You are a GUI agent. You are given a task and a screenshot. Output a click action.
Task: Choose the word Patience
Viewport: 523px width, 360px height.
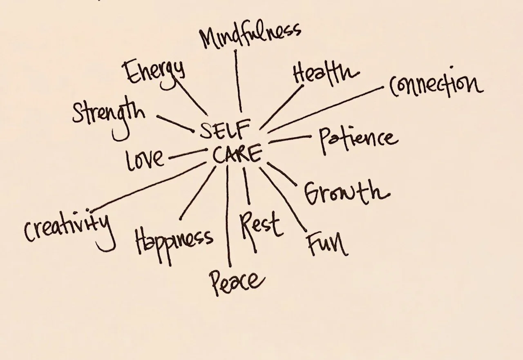[358, 139]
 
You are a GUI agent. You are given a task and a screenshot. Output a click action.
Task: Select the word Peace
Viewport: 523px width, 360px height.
[236, 281]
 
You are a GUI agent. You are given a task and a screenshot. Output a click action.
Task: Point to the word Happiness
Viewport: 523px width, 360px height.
[174, 238]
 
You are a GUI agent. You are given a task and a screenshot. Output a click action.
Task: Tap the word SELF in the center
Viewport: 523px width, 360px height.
[224, 131]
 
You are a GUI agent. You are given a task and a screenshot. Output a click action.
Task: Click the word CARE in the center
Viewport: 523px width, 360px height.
[237, 154]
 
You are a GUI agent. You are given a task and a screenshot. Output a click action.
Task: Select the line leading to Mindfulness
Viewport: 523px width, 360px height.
[238, 82]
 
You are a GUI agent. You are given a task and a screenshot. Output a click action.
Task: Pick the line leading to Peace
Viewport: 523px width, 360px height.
[228, 217]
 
